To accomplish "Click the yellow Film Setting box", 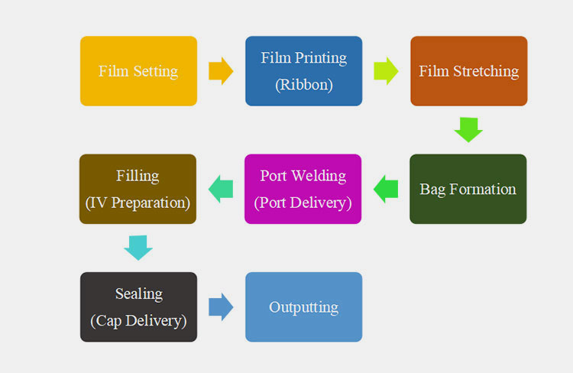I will click(x=138, y=71).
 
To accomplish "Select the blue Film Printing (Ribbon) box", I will click(x=303, y=71).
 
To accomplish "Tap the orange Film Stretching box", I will click(x=468, y=71).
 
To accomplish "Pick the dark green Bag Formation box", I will click(x=468, y=189).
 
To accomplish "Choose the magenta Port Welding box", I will click(x=303, y=189).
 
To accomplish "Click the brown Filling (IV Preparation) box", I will click(x=138, y=189).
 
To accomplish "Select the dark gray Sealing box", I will click(x=138, y=307).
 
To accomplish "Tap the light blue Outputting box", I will click(x=303, y=307).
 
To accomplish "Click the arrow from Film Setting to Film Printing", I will click(x=221, y=71).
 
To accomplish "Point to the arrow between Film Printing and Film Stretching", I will click(x=386, y=71).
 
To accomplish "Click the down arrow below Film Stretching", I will click(x=468, y=129).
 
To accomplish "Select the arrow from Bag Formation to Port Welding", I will click(x=385, y=189).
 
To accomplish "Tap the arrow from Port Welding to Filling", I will click(x=220, y=189).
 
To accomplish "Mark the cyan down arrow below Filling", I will click(x=138, y=247).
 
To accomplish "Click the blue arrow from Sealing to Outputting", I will click(x=221, y=307).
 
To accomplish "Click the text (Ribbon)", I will click(x=303, y=85).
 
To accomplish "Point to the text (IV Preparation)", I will click(x=138, y=203).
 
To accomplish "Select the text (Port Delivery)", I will click(x=303, y=203).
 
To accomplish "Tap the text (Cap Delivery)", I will click(x=138, y=321).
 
